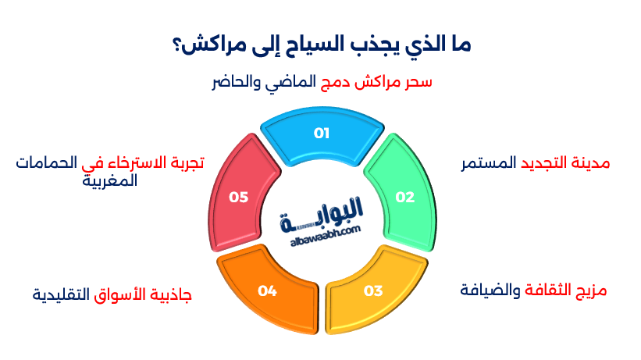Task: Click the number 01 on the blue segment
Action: click(x=322, y=134)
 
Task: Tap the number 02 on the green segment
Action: click(x=404, y=198)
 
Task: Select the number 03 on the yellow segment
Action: click(x=373, y=291)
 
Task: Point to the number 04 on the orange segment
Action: click(x=268, y=291)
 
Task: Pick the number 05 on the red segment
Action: click(x=238, y=198)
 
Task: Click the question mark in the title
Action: click(x=175, y=45)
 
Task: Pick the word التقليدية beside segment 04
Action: click(x=61, y=296)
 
